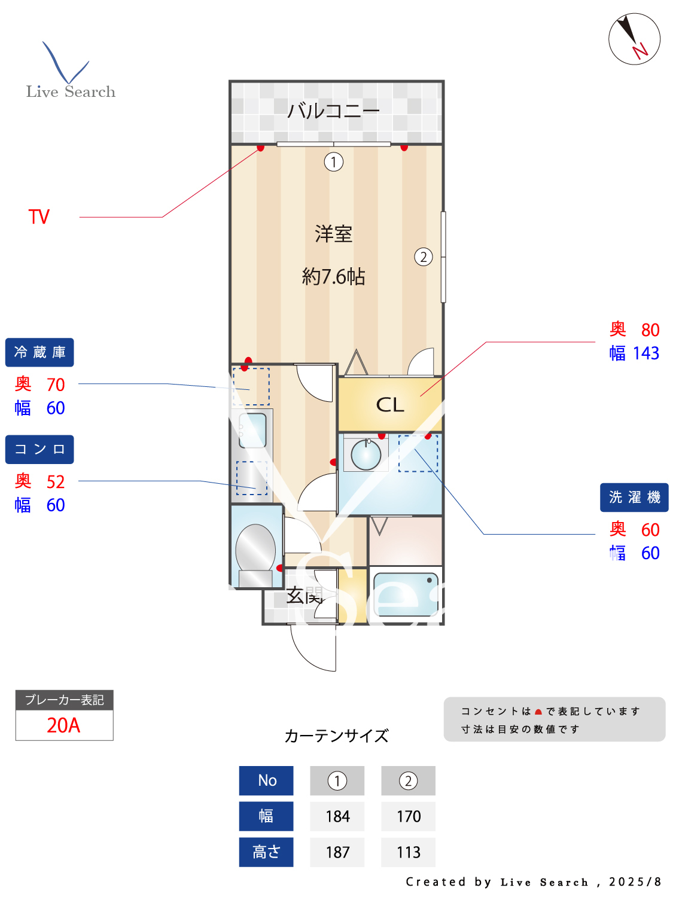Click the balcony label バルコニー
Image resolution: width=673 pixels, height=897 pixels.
coord(333,111)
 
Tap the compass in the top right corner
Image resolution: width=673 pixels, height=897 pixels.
coord(634,39)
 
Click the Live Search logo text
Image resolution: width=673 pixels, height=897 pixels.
coord(71,91)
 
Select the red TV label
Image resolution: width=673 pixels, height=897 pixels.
coord(39,216)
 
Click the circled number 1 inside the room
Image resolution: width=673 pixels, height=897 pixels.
coord(334,161)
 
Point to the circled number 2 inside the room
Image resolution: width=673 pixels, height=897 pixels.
coord(424,257)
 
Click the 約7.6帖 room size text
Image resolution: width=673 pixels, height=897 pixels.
coord(333,276)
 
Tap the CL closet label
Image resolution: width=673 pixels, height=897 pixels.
coord(390,405)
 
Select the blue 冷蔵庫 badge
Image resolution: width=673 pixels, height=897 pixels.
coord(39,352)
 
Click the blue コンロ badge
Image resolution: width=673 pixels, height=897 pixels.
coord(39,449)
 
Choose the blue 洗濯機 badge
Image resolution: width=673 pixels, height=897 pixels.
coord(634,498)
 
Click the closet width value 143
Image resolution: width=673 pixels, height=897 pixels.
coord(646,353)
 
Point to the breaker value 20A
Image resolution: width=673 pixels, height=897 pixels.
coord(63,725)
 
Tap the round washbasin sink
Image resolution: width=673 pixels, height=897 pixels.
coord(366,454)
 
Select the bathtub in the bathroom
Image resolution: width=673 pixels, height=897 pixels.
coord(406,594)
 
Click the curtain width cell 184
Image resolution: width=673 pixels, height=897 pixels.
coord(337,816)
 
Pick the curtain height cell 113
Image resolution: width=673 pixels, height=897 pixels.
coord(409,852)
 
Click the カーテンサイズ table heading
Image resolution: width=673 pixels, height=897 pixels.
coord(336,736)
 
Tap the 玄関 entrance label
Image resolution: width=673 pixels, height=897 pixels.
coord(304,596)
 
